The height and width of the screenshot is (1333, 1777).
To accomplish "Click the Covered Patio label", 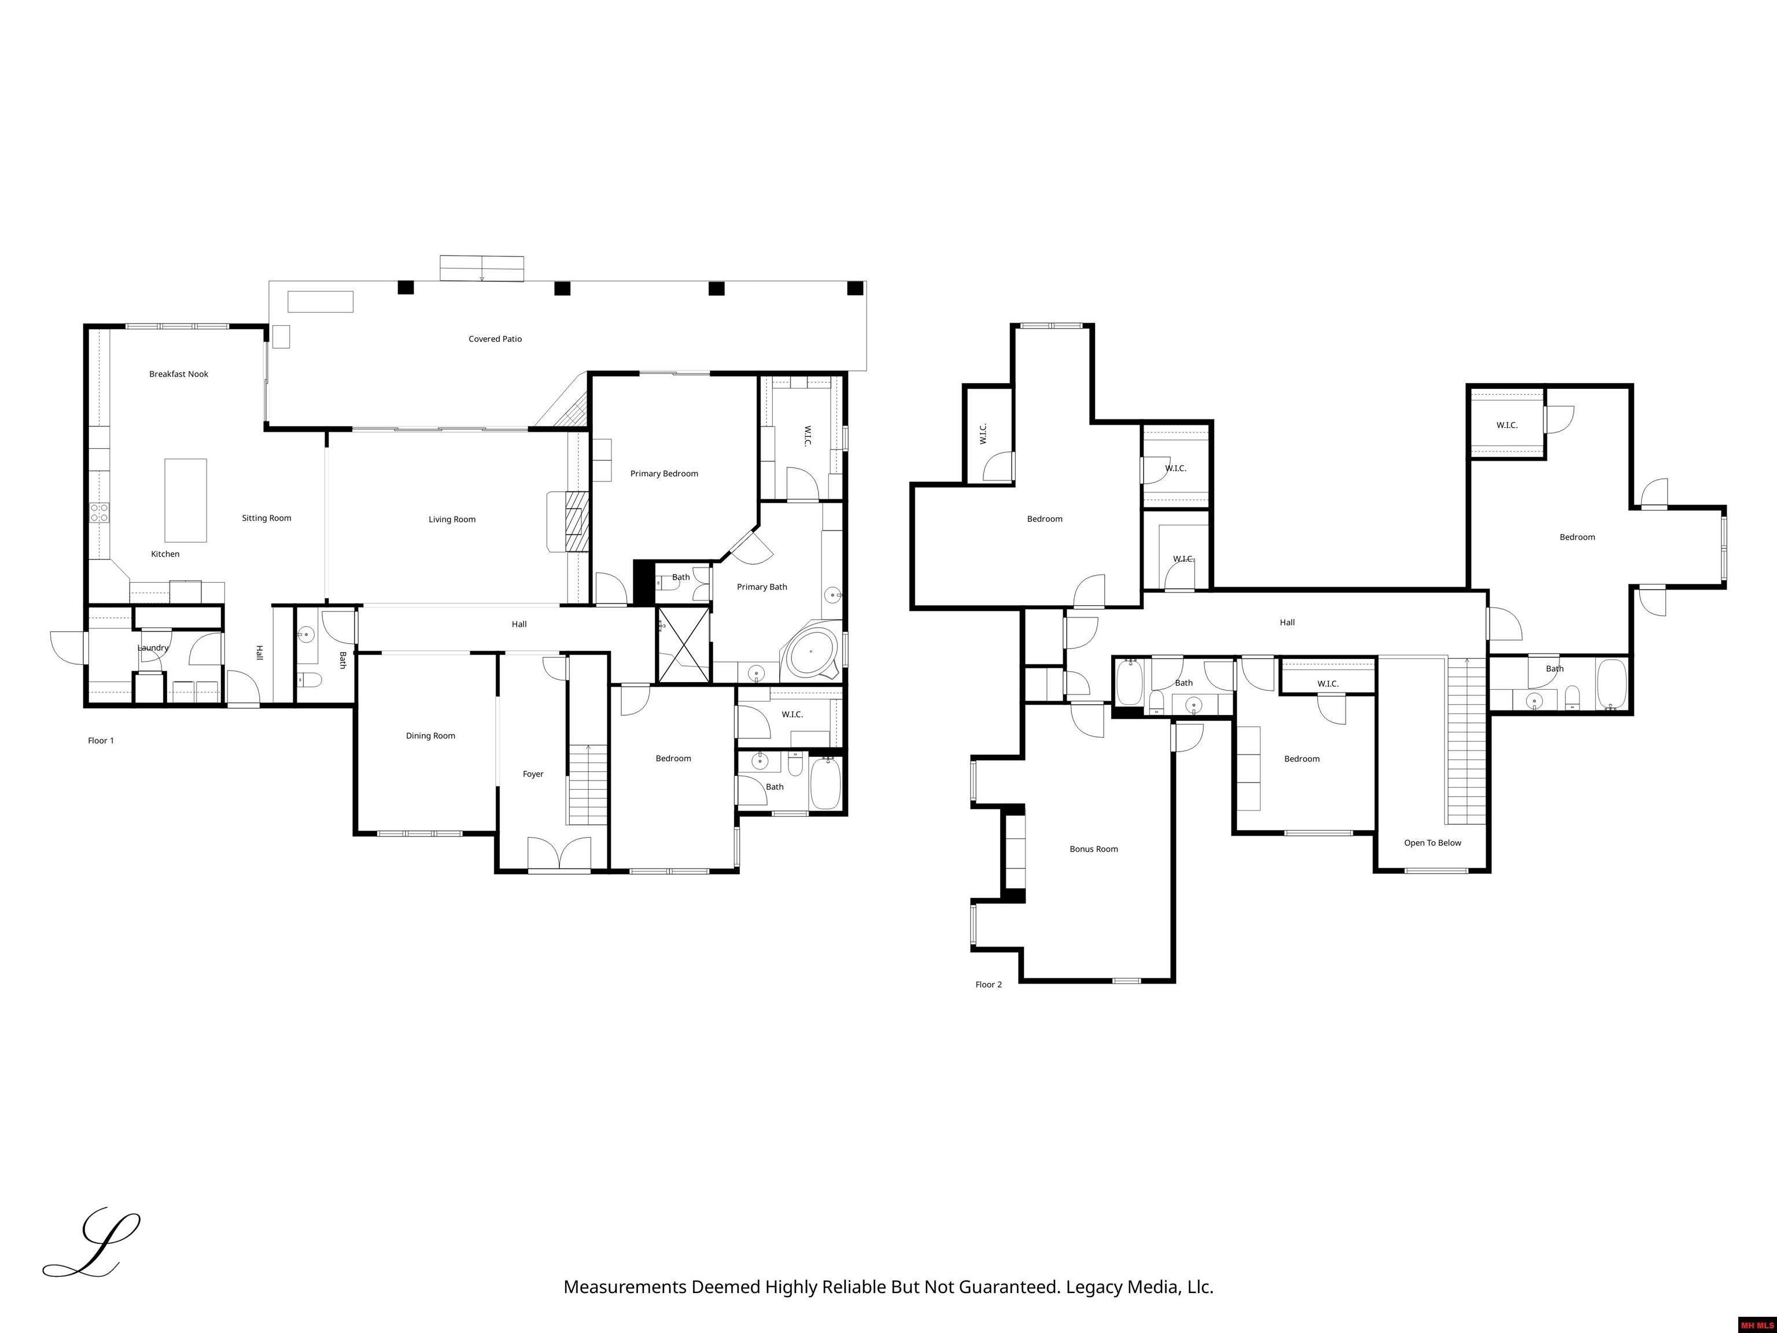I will [x=495, y=339].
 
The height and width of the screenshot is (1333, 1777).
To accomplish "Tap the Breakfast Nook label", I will [x=178, y=374].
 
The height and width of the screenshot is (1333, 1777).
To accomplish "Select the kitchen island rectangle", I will [x=186, y=500].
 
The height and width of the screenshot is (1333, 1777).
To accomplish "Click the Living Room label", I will [x=451, y=520].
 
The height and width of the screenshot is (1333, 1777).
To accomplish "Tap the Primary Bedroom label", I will [x=663, y=474].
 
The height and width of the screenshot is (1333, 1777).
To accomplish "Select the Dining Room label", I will [x=430, y=736].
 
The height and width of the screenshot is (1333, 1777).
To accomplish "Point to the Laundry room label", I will [x=153, y=649].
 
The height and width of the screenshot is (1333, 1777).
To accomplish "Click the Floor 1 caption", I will [x=101, y=741].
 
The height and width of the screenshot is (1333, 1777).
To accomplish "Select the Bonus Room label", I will [x=1093, y=849].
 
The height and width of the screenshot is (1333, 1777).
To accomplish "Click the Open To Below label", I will [x=1432, y=843].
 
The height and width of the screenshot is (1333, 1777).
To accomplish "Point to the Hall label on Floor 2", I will [x=1287, y=623].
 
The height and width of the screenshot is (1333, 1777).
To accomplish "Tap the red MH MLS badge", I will [x=1757, y=1325].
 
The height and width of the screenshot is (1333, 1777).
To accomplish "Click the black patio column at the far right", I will [x=856, y=288].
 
